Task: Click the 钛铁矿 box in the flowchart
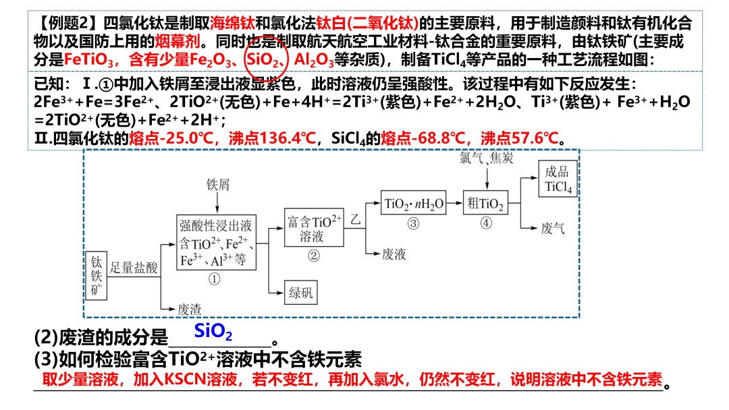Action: pos(98,276)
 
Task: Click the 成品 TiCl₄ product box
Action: pos(558,179)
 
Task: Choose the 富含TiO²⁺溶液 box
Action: pos(312,229)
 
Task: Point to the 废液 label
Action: pos(394,254)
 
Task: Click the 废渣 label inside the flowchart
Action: pos(190,309)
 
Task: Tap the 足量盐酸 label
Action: pos(134,268)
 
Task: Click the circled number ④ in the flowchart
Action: pos(485,223)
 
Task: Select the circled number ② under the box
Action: pos(313,255)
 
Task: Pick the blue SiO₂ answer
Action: pos(213,332)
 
